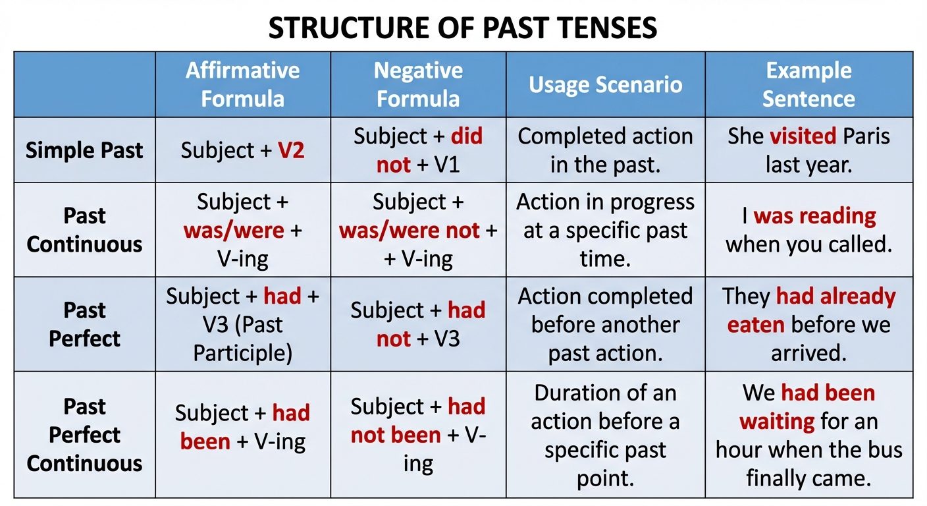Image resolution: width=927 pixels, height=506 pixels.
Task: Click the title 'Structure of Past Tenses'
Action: click(x=463, y=28)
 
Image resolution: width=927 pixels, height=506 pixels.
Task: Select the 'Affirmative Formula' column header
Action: click(x=242, y=84)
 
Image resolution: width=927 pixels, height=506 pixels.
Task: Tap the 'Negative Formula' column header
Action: click(x=418, y=84)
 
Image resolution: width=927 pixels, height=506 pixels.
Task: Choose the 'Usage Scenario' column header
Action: click(x=605, y=84)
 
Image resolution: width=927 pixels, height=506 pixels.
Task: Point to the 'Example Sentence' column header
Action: click(x=808, y=84)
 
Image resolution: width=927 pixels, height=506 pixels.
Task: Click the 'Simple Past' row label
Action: click(x=84, y=150)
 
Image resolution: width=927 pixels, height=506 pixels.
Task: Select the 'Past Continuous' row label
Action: click(x=84, y=230)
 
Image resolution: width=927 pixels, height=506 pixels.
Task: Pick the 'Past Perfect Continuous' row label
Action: click(x=84, y=434)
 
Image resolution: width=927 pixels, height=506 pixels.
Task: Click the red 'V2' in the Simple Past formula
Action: click(x=291, y=150)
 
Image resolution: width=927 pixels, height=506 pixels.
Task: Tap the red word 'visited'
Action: click(x=802, y=136)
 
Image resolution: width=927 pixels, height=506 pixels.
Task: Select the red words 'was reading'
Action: click(x=814, y=216)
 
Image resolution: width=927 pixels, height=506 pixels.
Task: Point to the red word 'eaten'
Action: click(x=755, y=324)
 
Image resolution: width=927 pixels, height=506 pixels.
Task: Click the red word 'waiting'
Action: click(x=776, y=420)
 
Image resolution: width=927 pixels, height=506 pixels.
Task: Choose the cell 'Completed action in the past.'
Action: click(x=605, y=150)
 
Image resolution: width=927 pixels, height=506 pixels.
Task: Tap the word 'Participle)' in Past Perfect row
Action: click(x=242, y=353)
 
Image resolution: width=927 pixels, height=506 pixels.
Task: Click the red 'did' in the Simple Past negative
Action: click(x=466, y=136)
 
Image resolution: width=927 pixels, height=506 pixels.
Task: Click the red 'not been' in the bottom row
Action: click(x=395, y=435)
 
